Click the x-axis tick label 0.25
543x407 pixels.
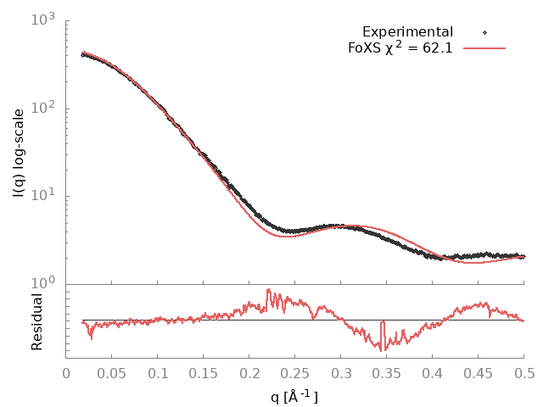tap(295, 373)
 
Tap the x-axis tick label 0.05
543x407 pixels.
tap(112, 373)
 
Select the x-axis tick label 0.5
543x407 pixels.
tap(524, 373)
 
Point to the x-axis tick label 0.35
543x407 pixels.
tap(387, 373)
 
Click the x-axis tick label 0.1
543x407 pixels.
tap(158, 373)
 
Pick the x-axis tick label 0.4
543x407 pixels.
tap(433, 373)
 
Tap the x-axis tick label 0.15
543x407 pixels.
tap(204, 373)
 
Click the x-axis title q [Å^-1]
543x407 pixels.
tap(294, 395)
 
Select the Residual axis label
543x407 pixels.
tap(37, 322)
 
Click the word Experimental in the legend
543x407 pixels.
tap(407, 32)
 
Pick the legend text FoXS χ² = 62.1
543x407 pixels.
tap(400, 47)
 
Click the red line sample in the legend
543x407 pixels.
tap(485, 48)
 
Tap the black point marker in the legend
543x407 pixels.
tap(485, 32)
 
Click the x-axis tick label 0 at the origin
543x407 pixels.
tap(66, 373)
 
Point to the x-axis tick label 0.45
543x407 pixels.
tap(479, 373)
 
